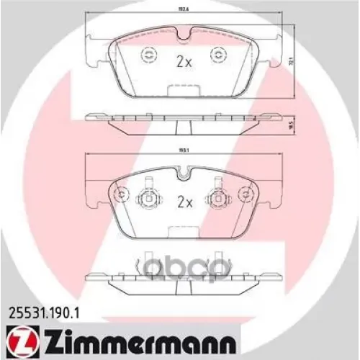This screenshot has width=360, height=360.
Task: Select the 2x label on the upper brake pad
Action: tap(184, 62)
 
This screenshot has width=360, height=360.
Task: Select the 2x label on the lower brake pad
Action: tap(184, 202)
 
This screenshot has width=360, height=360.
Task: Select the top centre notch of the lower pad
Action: tap(184, 173)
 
